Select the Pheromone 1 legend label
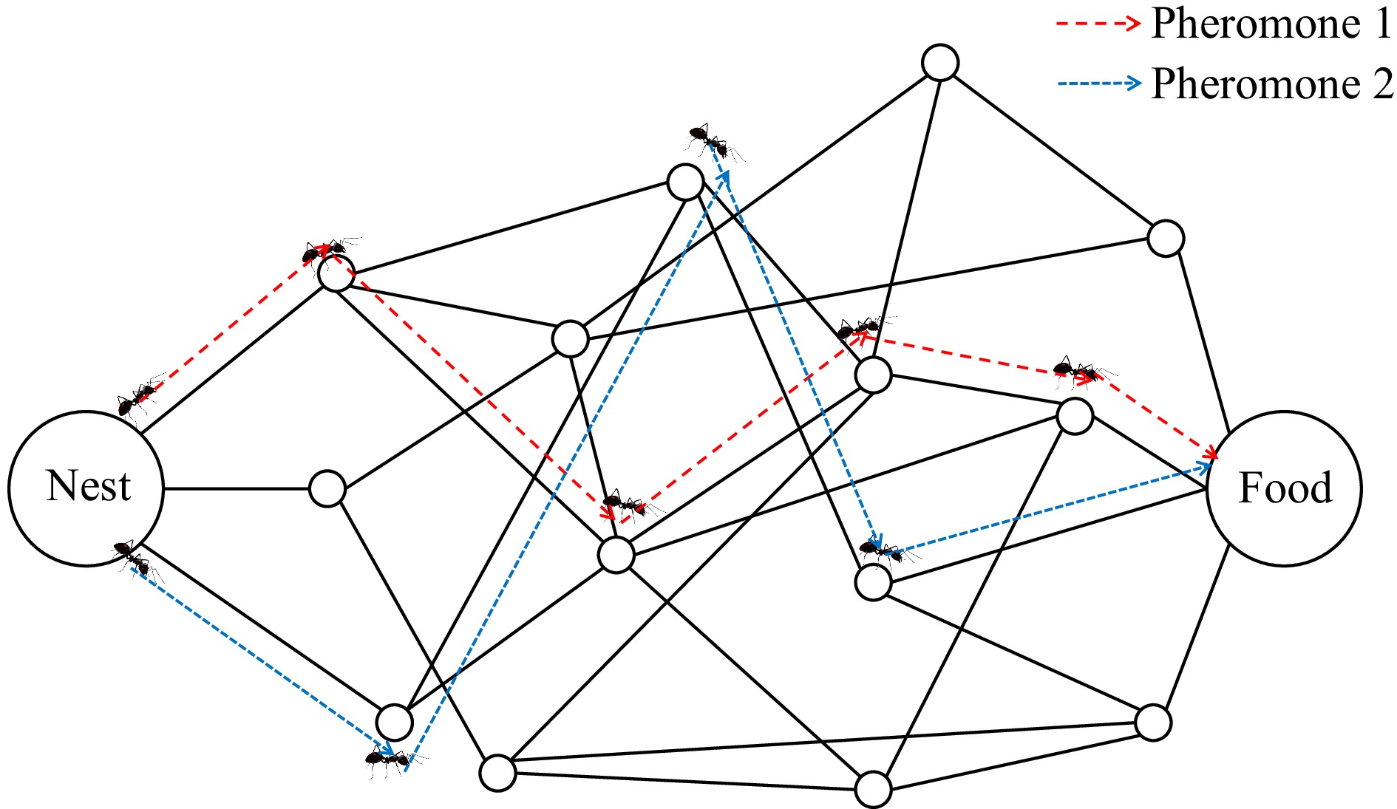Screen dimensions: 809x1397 [1271, 24]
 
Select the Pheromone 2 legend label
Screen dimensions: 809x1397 [1271, 83]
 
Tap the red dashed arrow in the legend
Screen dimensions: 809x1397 [1098, 24]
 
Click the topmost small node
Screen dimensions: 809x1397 [940, 62]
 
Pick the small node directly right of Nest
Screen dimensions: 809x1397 [327, 488]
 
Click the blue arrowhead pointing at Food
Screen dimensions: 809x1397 [1204, 467]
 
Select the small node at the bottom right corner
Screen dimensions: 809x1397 [1152, 723]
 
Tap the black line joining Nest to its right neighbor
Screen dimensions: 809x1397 [236, 488]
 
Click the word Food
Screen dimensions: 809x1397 [1285, 488]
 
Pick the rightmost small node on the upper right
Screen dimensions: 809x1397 [1166, 238]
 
